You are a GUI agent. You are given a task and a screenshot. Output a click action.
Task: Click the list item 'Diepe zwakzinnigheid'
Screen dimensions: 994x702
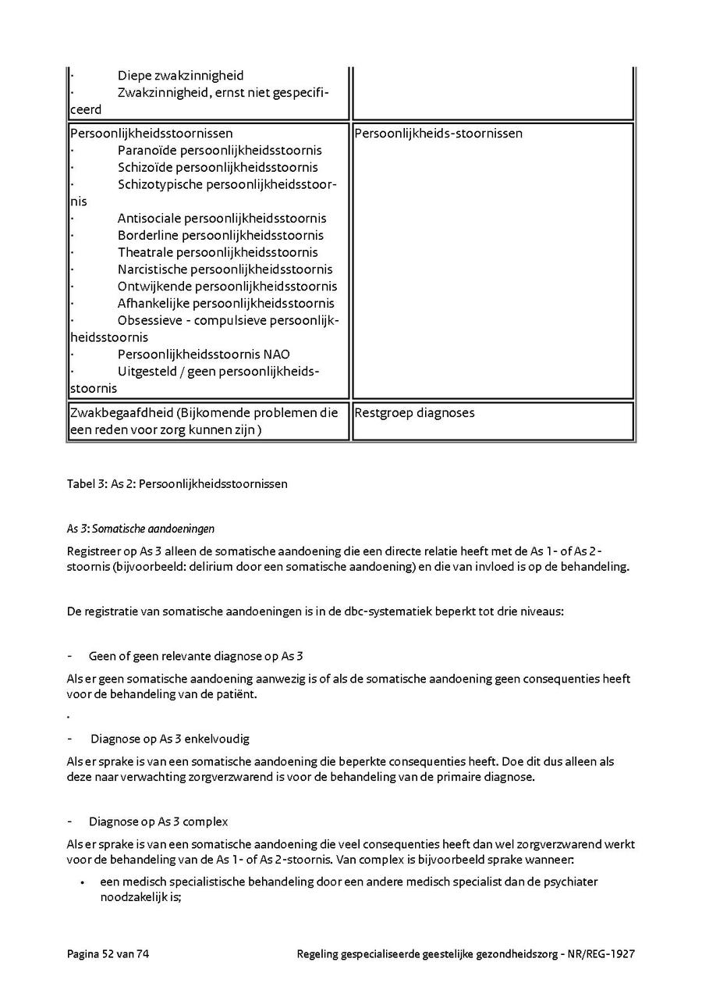click(180, 76)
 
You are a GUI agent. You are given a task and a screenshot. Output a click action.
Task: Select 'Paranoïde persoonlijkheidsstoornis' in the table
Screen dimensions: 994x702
click(219, 150)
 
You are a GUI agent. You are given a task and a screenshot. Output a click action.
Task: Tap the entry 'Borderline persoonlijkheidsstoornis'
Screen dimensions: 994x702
click(220, 235)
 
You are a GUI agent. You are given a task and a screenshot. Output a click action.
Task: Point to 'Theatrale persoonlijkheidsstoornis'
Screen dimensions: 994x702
click(218, 252)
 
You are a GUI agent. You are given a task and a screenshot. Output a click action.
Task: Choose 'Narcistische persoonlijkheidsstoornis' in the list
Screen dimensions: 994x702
click(225, 269)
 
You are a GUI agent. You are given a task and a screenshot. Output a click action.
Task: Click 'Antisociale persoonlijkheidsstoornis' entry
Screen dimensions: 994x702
click(222, 218)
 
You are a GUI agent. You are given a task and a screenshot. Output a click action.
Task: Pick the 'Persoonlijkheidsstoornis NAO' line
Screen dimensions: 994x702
click(204, 354)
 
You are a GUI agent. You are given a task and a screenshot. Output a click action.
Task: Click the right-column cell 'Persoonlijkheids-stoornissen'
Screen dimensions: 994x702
click(438, 134)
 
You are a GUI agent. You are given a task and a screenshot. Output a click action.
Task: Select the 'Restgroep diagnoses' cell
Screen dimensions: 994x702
click(414, 413)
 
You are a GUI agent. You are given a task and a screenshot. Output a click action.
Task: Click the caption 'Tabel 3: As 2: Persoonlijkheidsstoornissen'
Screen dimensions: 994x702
click(177, 484)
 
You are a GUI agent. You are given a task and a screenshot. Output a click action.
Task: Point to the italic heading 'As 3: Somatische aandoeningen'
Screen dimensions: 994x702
click(140, 529)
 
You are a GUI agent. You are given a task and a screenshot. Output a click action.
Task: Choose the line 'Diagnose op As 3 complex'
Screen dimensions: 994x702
click(158, 821)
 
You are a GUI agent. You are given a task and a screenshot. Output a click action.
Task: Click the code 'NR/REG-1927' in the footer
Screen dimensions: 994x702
click(603, 953)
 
